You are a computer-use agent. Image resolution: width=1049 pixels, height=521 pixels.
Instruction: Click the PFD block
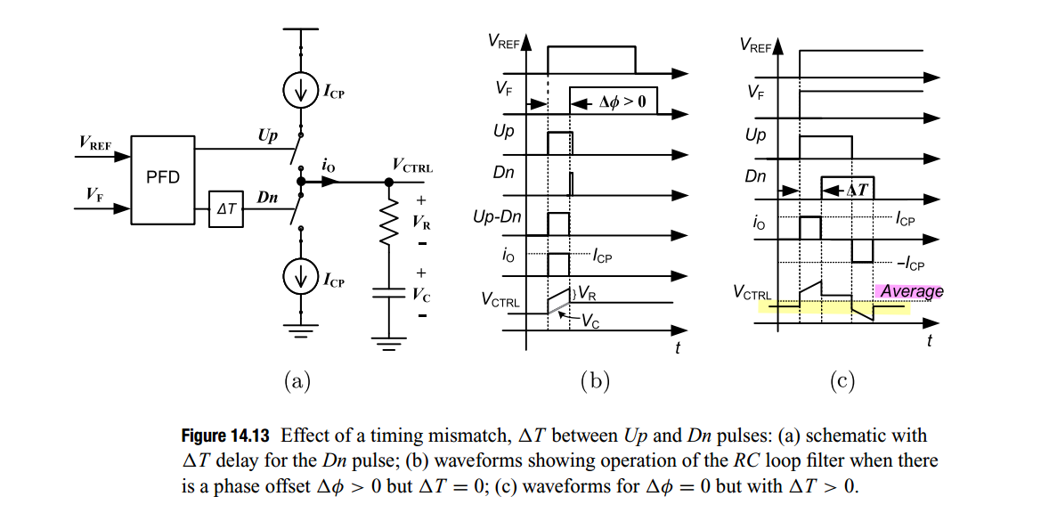coord(162,178)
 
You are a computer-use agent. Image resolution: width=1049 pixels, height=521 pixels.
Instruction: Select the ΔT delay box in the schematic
coord(225,209)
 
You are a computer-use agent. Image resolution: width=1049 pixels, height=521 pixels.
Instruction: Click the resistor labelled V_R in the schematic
coord(388,224)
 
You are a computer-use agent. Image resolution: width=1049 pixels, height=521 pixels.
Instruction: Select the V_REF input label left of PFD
coord(96,142)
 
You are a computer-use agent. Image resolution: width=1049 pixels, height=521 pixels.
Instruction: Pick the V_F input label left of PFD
coord(94,193)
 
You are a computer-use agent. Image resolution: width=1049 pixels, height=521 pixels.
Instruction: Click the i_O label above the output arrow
coord(328,166)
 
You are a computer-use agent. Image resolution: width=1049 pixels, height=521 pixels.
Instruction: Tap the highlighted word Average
coord(911,291)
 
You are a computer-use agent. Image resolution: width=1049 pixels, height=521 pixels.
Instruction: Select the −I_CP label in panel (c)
coord(910,265)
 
